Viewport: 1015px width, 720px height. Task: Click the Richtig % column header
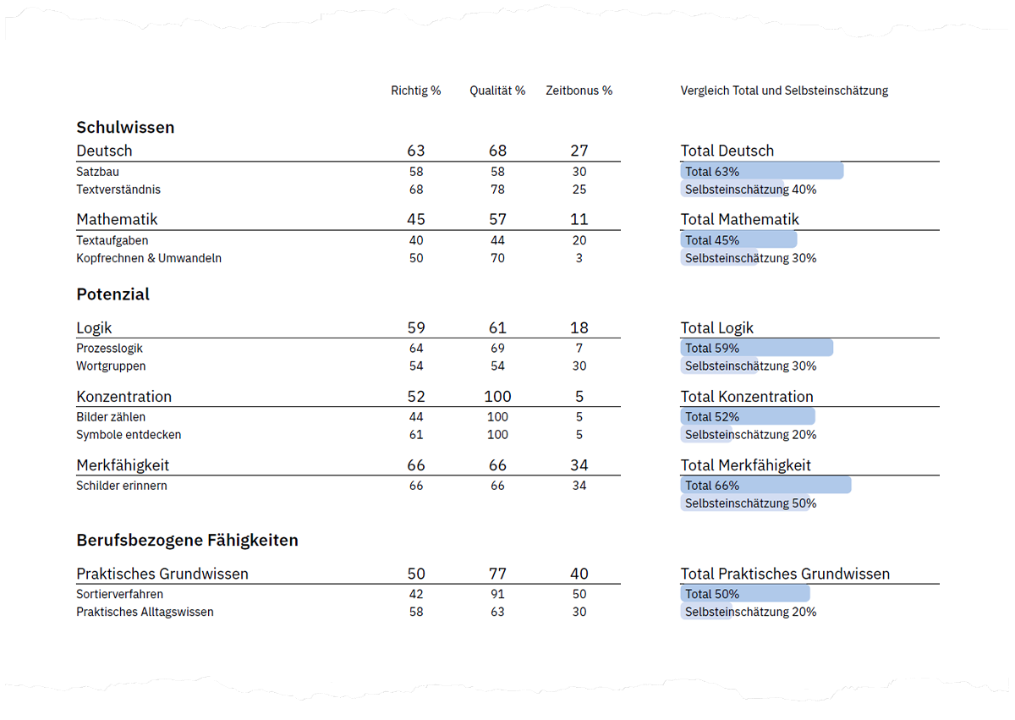[415, 91]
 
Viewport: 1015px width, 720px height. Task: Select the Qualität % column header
[497, 91]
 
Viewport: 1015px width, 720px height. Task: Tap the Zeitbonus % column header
[579, 91]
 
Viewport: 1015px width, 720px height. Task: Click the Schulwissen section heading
[125, 127]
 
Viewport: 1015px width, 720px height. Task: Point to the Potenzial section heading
[112, 294]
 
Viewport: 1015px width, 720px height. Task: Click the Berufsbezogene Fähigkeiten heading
[187, 540]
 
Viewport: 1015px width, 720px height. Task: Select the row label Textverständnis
[118, 190]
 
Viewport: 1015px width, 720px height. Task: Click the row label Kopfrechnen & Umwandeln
[149, 258]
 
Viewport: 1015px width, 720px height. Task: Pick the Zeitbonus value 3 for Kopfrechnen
[579, 258]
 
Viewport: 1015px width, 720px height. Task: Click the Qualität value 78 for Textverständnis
[497, 190]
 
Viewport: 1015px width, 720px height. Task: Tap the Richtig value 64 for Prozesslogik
[415, 348]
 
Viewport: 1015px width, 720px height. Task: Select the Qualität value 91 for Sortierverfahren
[497, 594]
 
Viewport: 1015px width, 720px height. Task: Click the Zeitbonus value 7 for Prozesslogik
[579, 348]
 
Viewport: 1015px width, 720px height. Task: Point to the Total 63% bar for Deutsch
[761, 171]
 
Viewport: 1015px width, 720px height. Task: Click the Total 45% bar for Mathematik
[738, 240]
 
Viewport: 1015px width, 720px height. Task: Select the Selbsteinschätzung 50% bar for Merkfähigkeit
[744, 503]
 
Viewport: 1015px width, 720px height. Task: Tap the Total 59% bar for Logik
[756, 348]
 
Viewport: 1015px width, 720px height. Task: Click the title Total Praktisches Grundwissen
[785, 574]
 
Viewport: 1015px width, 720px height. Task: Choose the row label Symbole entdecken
[129, 435]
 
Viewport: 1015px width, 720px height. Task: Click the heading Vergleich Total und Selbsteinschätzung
[784, 91]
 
